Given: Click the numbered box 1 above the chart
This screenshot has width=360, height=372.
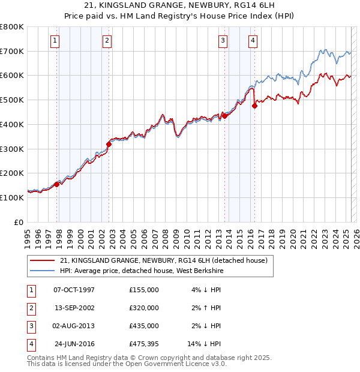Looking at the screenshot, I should click(x=55, y=41).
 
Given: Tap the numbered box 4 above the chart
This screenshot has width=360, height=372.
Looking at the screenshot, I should click(x=253, y=41).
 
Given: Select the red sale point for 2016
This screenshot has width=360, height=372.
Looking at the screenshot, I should click(x=254, y=106).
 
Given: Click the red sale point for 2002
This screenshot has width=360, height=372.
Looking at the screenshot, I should click(x=109, y=144).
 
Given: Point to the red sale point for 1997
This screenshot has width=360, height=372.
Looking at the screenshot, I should click(x=57, y=184).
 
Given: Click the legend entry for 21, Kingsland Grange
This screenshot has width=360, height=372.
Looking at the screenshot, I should click(x=167, y=260).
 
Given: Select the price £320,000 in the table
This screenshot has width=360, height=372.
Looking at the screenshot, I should click(x=144, y=308).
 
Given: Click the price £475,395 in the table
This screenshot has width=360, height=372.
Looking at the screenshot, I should click(x=144, y=344).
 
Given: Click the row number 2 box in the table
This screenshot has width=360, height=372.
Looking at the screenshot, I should click(x=29, y=308).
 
